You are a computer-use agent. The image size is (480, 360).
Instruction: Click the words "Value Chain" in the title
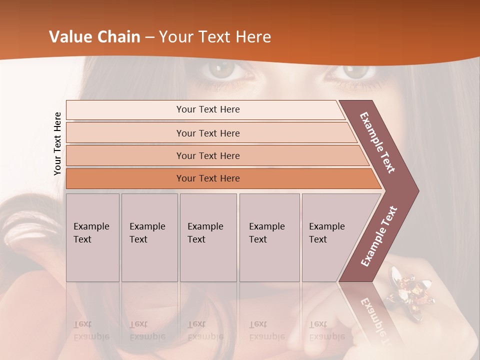click(x=94, y=37)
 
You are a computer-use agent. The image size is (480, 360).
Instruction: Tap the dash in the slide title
click(x=149, y=37)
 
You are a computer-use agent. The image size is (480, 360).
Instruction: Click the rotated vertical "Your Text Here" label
click(x=57, y=143)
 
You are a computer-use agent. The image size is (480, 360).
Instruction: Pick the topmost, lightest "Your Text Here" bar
click(x=207, y=109)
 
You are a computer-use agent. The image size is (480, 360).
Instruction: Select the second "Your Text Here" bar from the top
click(x=207, y=133)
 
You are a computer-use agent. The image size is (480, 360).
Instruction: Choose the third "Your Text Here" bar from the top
click(x=207, y=155)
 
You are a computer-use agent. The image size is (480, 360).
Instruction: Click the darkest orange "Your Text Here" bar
click(x=207, y=178)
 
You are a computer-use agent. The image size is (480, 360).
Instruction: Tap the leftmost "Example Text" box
click(x=92, y=237)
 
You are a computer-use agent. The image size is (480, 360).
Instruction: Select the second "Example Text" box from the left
click(x=149, y=237)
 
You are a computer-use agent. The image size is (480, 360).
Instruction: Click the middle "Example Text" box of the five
click(x=208, y=237)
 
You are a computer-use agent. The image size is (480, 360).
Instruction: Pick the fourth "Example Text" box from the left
click(x=269, y=237)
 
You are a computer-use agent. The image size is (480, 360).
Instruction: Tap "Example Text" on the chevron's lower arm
click(x=379, y=236)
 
